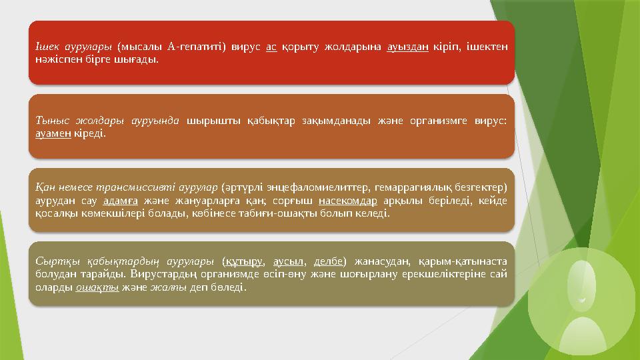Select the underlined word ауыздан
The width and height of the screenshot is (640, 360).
pyautogui.click(x=407, y=47)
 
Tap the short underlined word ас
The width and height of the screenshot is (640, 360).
pyautogui.click(x=271, y=47)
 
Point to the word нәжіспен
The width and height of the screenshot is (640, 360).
pyautogui.click(x=56, y=59)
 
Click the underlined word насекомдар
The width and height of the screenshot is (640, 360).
pyautogui.click(x=348, y=201)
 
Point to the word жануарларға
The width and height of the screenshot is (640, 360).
pyautogui.click(x=203, y=201)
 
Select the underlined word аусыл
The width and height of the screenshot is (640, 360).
pyautogui.click(x=289, y=262)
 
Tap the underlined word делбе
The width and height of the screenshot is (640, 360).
pyautogui.click(x=329, y=262)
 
